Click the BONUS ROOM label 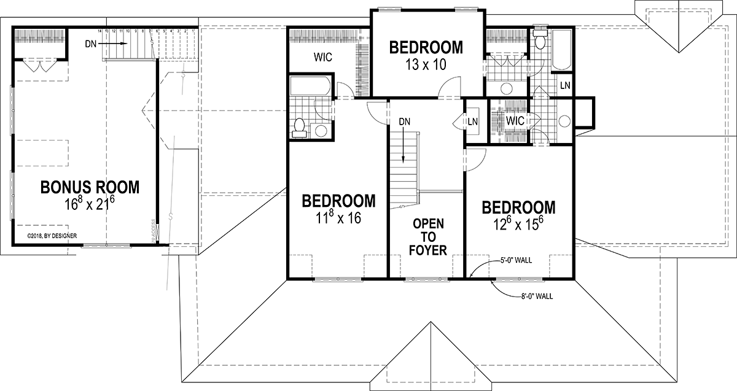tap(90, 187)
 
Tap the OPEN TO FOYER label tap(429, 236)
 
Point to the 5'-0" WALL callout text tap(516, 260)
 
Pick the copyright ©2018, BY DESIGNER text tap(56, 235)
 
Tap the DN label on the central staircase tap(404, 122)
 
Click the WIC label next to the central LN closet tap(515, 121)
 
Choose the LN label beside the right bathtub tap(565, 86)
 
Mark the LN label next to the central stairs tap(473, 122)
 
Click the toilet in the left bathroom tap(299, 127)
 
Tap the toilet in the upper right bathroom tap(540, 41)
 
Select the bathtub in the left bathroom tap(310, 85)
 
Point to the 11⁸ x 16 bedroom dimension tap(339, 217)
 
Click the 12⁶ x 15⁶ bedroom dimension tap(518, 223)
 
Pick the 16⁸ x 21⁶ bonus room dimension tap(90, 204)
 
